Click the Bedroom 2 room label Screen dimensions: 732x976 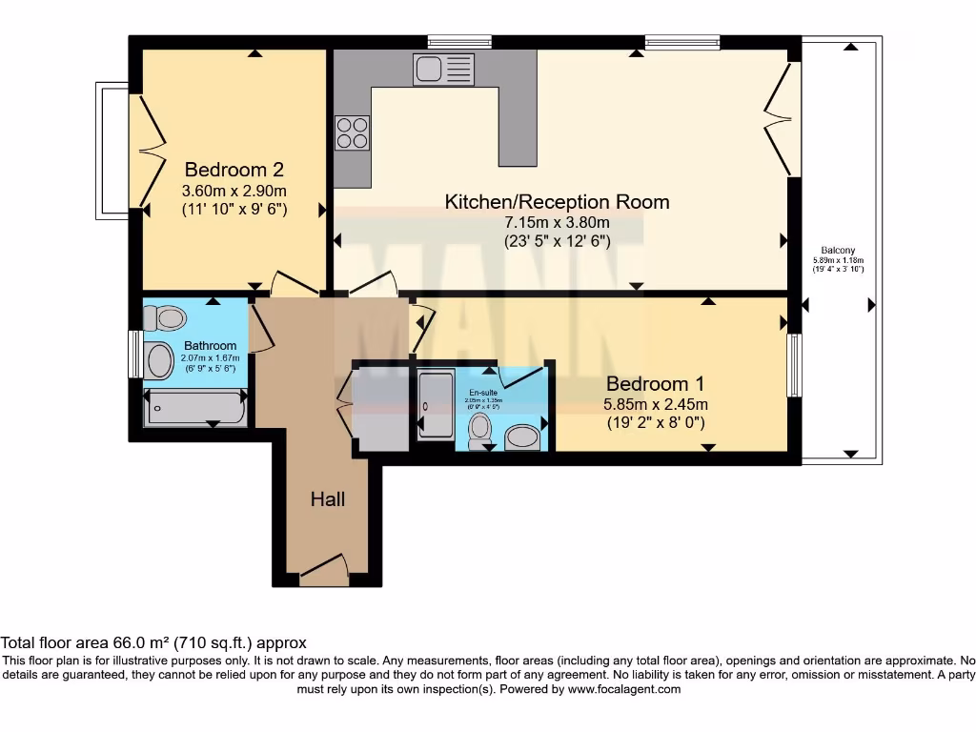tap(234, 170)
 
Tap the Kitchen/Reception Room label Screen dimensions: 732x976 tap(558, 202)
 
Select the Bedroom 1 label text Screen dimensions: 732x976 tap(656, 384)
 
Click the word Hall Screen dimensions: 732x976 tap(327, 498)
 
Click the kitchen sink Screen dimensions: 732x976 tap(443, 69)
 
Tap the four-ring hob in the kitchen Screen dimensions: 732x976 tap(353, 132)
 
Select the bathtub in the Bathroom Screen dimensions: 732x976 tap(194, 408)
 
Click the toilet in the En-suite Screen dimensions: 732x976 tap(480, 430)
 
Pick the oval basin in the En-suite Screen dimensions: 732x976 tap(521, 437)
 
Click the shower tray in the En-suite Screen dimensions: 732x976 tap(437, 406)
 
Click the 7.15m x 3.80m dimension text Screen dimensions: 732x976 tap(558, 222)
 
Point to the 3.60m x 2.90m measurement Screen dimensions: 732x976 tap(234, 190)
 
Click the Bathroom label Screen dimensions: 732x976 tap(211, 345)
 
